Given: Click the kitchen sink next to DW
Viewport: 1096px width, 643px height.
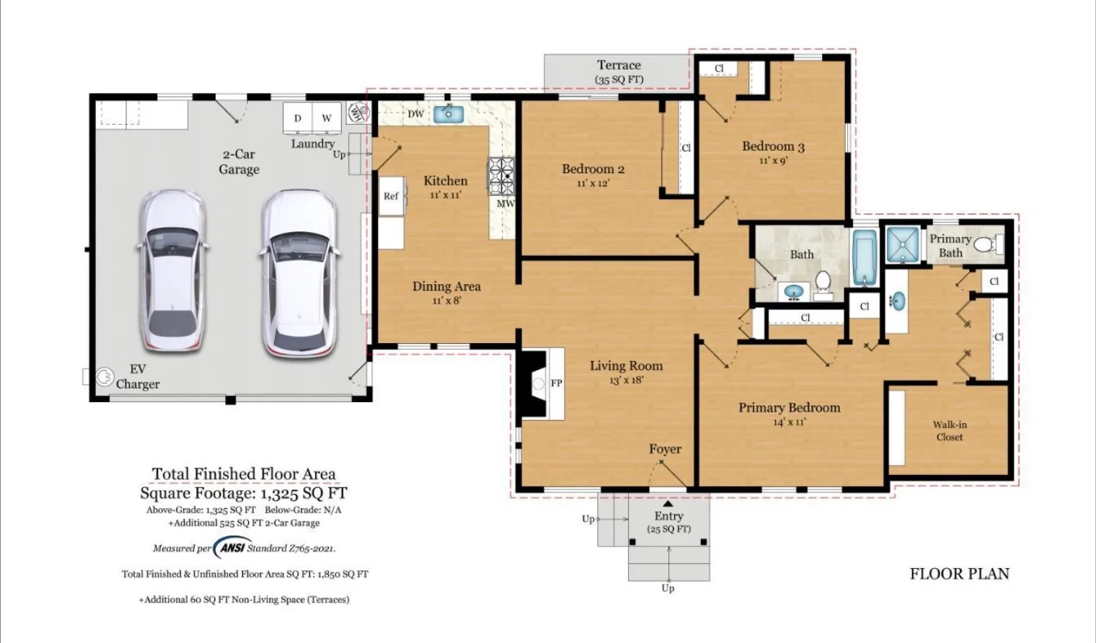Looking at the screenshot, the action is (448, 114).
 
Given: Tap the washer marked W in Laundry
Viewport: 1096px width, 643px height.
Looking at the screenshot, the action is (327, 117).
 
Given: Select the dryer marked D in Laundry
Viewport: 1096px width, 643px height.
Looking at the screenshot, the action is (298, 117).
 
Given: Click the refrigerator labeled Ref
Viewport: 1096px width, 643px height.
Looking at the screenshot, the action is (391, 196).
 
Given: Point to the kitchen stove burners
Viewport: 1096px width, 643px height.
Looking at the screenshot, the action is (502, 176).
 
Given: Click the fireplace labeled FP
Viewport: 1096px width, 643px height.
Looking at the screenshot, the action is (541, 383).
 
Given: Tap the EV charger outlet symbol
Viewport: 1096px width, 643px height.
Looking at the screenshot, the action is (104, 377).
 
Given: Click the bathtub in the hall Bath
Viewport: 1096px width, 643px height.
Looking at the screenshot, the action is (865, 257).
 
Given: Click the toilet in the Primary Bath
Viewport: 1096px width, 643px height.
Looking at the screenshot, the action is (987, 244).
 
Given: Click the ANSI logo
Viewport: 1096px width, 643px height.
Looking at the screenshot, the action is (230, 548).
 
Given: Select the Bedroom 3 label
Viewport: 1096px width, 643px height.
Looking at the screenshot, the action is (773, 146).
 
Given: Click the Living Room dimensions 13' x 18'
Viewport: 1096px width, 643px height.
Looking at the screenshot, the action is (626, 379).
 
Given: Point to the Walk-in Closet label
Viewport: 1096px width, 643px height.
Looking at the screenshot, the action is (949, 431).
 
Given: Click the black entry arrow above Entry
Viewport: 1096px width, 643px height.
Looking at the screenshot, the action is (668, 504).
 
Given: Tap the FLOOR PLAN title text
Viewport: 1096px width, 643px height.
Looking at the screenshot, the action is (960, 574).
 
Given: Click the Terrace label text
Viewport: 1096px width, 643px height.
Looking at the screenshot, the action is (619, 65).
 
